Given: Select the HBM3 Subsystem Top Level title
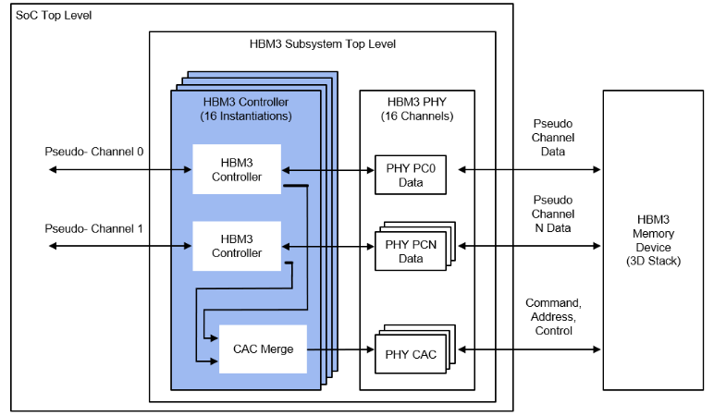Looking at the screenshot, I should pos(323,43).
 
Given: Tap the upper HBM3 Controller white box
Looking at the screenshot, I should pos(237,169).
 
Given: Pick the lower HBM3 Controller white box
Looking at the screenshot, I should pos(237,246).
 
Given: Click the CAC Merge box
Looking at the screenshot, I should pos(263,349).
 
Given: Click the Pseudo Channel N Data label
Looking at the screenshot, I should pos(552,214).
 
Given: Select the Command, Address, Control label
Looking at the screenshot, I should pos(553,316).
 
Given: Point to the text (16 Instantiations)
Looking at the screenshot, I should pos(245,116).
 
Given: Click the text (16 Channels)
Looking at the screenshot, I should pos(416,116).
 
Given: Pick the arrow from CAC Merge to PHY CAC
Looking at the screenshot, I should pos(339,349).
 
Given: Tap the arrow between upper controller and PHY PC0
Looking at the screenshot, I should pos(327,169).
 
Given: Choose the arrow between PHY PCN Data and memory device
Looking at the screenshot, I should pos(528,246).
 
